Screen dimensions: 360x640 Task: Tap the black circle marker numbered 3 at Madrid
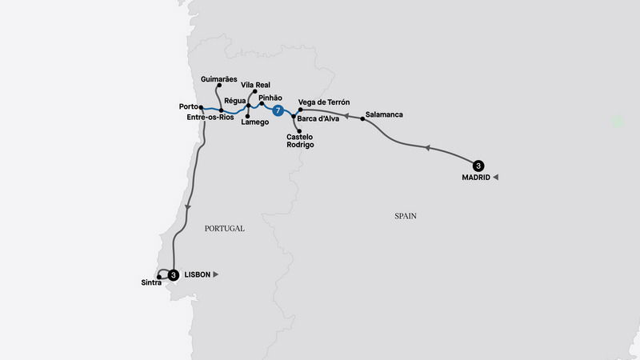click(x=478, y=166)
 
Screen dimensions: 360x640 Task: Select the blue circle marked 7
click(x=278, y=110)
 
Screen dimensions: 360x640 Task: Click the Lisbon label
click(x=197, y=274)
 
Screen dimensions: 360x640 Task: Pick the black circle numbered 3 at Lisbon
click(x=174, y=274)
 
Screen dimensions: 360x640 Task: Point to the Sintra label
click(x=149, y=283)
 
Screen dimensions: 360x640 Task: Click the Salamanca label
click(x=384, y=114)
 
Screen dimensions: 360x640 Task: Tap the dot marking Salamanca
click(x=363, y=119)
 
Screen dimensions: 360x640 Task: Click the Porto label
click(x=189, y=106)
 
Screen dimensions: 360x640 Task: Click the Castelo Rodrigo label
click(x=300, y=141)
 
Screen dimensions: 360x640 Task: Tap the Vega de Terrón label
click(x=323, y=102)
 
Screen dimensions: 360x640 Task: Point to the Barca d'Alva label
click(x=318, y=119)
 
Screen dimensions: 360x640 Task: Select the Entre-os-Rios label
click(x=209, y=118)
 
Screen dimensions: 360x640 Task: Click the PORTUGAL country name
click(x=224, y=229)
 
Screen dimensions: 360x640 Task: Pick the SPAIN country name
click(x=406, y=216)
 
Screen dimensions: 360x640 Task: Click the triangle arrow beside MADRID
click(x=496, y=177)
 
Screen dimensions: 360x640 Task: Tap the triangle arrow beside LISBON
click(x=216, y=274)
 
